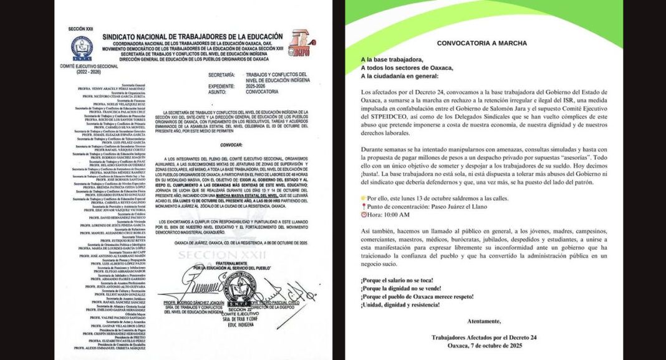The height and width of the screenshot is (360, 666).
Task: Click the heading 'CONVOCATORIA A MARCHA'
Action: pos(481,43)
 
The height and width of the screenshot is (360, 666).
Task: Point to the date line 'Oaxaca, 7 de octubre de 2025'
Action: pos(481,345)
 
